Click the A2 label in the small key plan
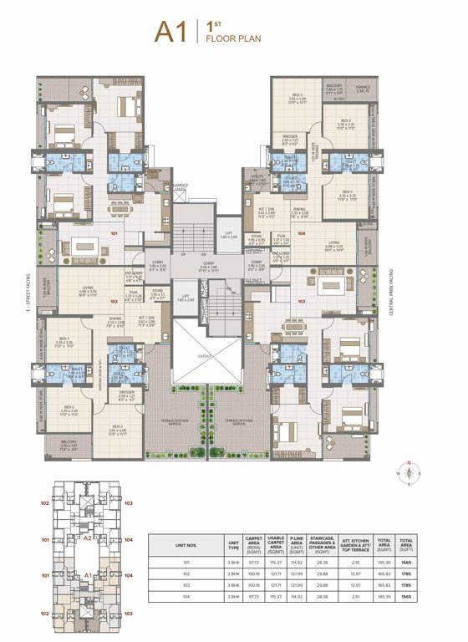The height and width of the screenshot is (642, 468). click(x=87, y=539)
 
